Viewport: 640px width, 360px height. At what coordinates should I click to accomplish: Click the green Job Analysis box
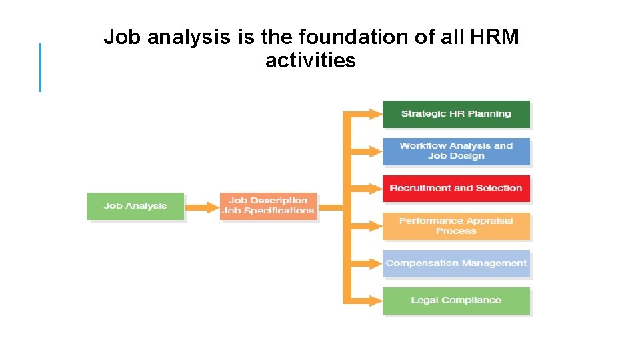135,206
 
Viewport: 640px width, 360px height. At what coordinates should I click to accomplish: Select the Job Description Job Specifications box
268,206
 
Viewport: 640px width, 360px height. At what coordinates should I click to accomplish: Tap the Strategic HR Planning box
456,114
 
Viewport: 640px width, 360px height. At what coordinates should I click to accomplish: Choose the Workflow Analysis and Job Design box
456,151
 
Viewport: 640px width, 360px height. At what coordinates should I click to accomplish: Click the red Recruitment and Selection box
456,189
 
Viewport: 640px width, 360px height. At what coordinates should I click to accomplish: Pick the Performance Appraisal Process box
456,226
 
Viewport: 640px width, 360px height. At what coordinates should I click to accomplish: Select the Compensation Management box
456,263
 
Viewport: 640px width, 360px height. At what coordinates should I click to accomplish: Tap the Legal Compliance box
456,301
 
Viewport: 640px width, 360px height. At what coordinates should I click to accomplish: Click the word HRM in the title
494,37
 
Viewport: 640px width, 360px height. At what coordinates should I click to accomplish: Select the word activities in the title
311,61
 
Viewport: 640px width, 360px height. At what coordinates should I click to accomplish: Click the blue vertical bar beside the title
40,67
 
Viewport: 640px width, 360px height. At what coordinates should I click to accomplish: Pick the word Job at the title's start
122,37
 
